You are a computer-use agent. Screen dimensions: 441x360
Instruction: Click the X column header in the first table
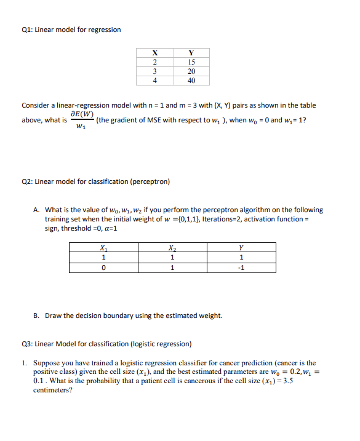tap(154, 53)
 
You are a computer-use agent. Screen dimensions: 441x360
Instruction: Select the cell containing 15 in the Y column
tap(191, 62)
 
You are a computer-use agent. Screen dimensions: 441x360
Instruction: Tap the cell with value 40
tap(191, 80)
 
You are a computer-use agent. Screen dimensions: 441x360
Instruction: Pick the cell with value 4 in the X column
tap(154, 80)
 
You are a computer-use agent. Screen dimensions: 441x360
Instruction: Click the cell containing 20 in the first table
tap(191, 71)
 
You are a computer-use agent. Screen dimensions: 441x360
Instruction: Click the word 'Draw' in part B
tap(54, 316)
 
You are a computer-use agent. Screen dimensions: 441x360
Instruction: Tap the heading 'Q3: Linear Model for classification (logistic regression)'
tap(106, 344)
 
